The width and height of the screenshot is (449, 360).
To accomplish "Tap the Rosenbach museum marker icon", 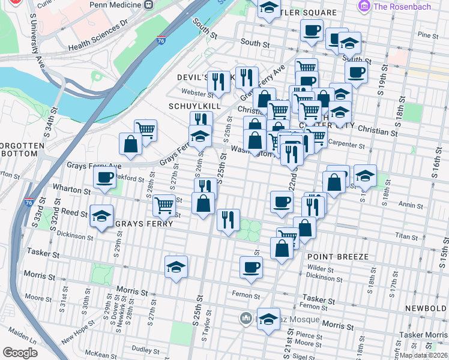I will [363, 7].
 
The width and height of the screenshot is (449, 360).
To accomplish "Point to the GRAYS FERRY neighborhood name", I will [143, 224].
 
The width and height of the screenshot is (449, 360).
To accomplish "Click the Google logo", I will [20, 352].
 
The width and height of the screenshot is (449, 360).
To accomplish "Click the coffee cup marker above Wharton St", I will [105, 178].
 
